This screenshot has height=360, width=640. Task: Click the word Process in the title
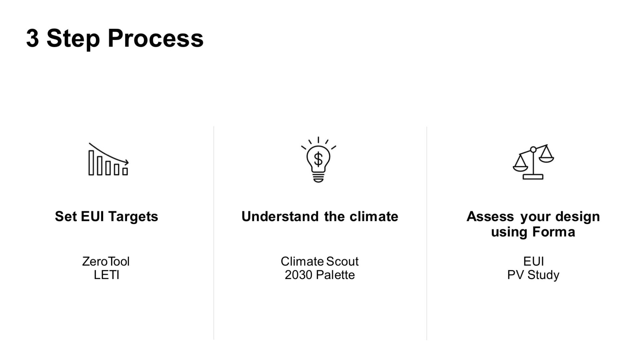[155, 38]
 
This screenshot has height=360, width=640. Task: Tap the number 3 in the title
[32, 38]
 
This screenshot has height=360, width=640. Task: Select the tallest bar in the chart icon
[91, 163]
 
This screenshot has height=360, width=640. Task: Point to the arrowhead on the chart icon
[126, 162]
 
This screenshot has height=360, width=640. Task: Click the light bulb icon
[318, 160]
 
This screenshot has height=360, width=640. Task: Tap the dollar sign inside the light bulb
[318, 159]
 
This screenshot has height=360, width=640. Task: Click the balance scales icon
[533, 162]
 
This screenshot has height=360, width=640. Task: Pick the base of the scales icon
[533, 177]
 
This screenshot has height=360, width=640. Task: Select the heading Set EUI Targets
[107, 217]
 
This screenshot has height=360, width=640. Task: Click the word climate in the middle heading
[374, 217]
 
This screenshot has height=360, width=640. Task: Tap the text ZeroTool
[106, 261]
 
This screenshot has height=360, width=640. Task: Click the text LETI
[106, 275]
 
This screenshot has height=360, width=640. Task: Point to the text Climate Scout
[319, 261]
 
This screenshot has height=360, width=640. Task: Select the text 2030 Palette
[319, 275]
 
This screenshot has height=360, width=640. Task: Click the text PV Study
[533, 275]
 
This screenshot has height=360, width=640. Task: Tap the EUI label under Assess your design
[533, 261]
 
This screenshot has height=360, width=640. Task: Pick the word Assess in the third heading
[490, 217]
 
